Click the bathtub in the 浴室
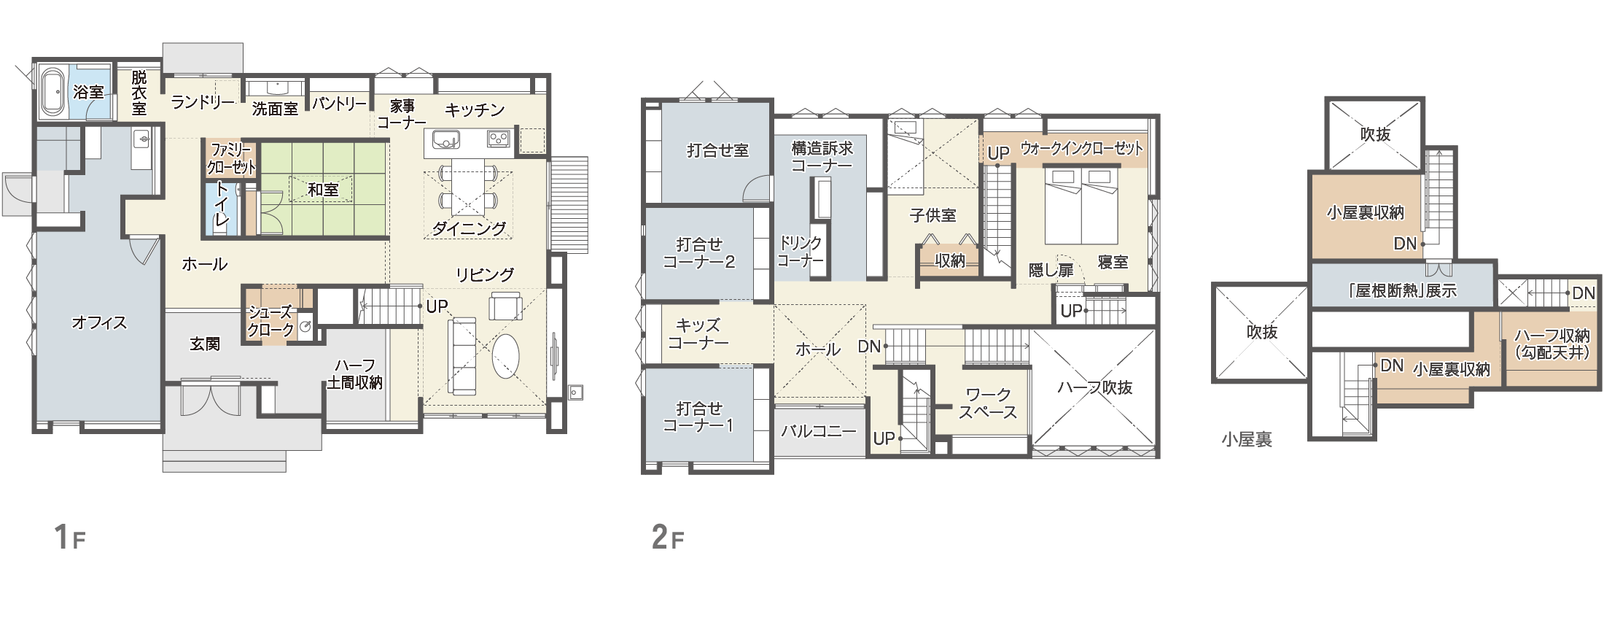coord(52,93)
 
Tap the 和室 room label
coord(323,190)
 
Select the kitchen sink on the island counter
coord(445,139)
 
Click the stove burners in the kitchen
coord(499,138)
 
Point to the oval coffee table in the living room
coord(506,356)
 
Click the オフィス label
coord(99,322)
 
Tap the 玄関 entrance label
coord(205,344)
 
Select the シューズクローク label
coord(271,321)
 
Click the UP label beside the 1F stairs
coord(437,306)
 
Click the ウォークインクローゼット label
coord(1081,149)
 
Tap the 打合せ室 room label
coord(717,150)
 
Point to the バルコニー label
coord(819,431)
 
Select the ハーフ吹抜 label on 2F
coord(1094,387)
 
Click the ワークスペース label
coord(988,403)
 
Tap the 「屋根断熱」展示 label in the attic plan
coord(1401,290)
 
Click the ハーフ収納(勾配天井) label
coord(1552,344)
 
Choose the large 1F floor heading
coord(70,537)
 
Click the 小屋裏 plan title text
coord(1247,439)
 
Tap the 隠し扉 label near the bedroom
coord(1051,271)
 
